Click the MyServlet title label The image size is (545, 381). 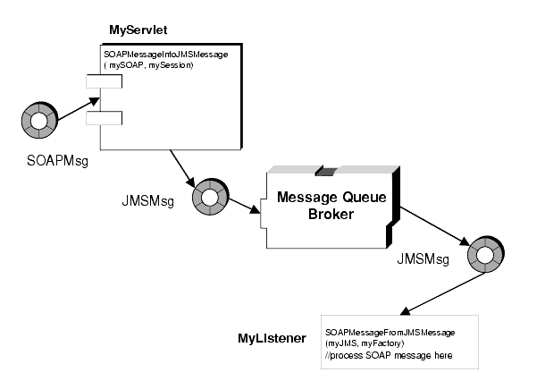coord(138,30)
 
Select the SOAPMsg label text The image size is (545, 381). coord(57,161)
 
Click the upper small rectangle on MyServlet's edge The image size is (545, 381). coord(104,81)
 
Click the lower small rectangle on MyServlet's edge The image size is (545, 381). coord(104,118)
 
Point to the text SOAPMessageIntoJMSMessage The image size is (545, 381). coord(166,55)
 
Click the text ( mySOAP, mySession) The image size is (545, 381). coord(148,65)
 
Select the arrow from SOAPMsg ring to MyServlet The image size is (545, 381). coord(79,109)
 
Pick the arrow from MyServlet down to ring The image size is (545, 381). coord(182,169)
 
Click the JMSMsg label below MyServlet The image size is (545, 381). coord(147,201)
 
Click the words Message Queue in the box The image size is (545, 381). coord(331,198)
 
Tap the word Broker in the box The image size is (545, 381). coord(331,214)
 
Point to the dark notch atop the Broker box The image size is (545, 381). coord(326,171)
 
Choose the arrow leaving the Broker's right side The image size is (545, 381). coord(435,227)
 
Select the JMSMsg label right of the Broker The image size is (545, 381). coord(423,259)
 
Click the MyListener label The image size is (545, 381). coord(272,338)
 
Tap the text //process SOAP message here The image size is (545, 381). coord(389,356)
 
